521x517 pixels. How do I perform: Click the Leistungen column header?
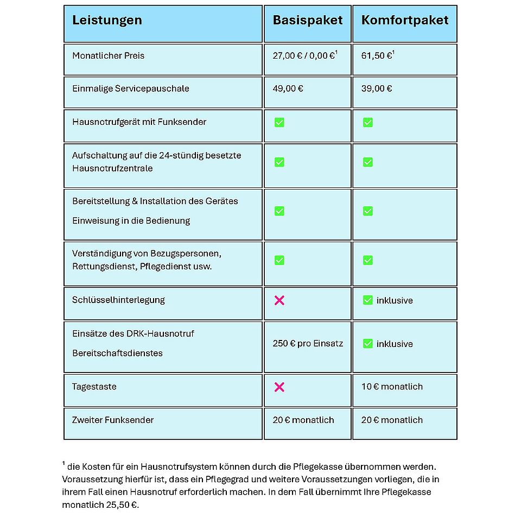(107, 21)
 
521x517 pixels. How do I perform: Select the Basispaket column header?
(308, 21)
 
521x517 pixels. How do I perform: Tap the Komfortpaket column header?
(405, 21)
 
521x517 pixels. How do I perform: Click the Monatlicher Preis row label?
(109, 55)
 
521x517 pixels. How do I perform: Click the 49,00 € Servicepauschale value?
(288, 89)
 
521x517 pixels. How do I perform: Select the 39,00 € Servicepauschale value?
(377, 89)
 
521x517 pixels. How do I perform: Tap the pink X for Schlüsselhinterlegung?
(279, 300)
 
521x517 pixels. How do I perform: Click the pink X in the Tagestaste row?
(279, 387)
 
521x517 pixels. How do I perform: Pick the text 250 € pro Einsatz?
(308, 343)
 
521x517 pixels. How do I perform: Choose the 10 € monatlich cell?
(392, 387)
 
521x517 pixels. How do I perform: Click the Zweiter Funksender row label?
(113, 420)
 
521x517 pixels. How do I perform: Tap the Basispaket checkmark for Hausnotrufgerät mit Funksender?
(279, 123)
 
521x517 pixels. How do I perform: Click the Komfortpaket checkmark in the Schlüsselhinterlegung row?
(368, 300)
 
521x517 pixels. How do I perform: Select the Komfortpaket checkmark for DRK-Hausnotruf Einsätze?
(368, 343)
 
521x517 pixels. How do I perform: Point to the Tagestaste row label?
(94, 387)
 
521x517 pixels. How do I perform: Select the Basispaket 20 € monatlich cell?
(303, 420)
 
